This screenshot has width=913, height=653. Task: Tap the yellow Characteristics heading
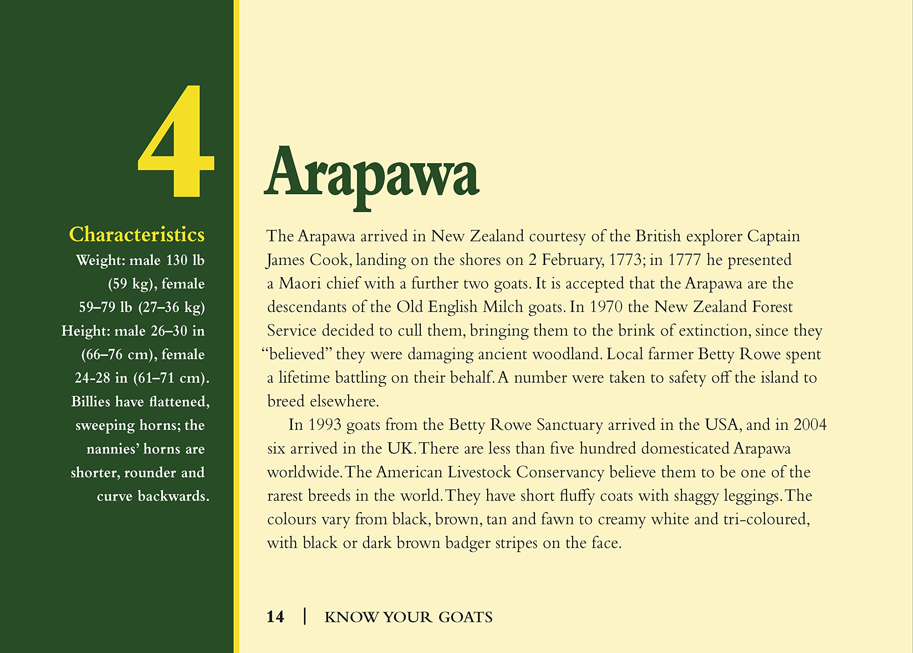[x=137, y=235]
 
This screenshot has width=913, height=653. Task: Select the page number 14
[x=275, y=617]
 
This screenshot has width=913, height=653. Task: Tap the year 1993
[x=325, y=425]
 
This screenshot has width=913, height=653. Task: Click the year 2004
[x=810, y=425]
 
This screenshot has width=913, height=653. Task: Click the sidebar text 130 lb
[x=185, y=260]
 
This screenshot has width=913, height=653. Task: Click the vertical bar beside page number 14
[x=305, y=617]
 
